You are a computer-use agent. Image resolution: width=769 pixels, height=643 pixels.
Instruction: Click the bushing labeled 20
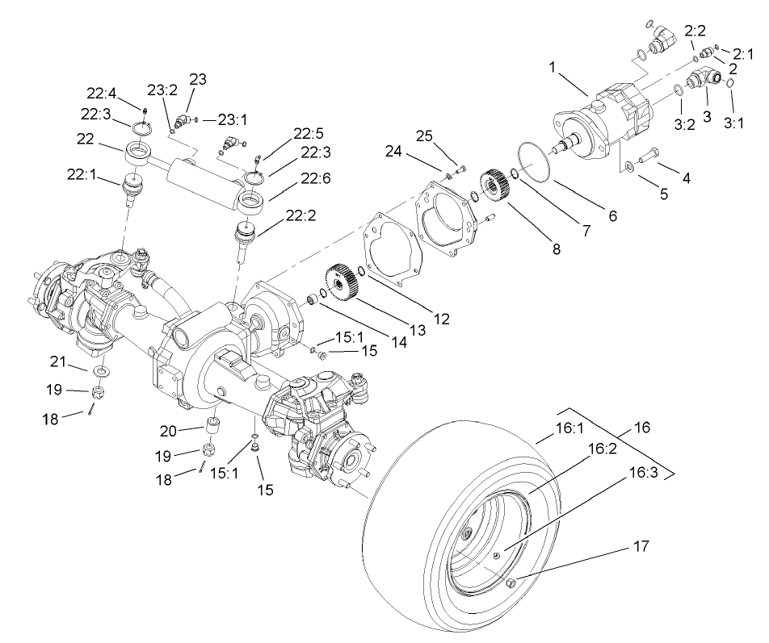click(x=215, y=424)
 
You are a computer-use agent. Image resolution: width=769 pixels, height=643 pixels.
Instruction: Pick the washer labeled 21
click(x=103, y=370)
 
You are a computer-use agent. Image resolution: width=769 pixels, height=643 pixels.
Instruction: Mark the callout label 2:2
click(x=696, y=31)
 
